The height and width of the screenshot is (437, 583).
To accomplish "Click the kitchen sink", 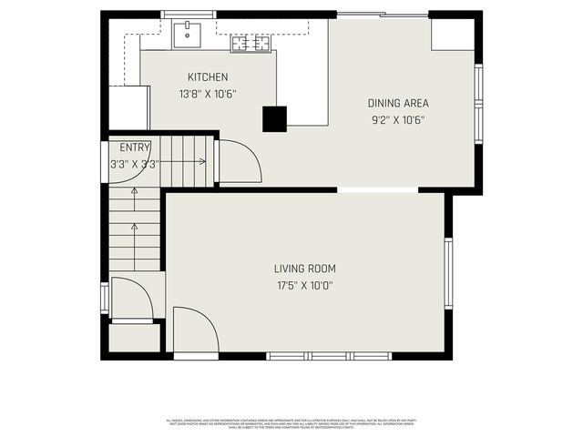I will [x=188, y=36].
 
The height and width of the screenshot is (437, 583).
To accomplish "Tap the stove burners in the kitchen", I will [x=250, y=42].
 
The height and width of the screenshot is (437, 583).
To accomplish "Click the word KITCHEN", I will [x=208, y=77].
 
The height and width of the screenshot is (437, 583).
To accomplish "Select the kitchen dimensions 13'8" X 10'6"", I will [x=208, y=93].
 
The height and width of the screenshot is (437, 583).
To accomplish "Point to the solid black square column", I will [x=274, y=119].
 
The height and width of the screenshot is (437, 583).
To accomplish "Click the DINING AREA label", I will [x=398, y=104].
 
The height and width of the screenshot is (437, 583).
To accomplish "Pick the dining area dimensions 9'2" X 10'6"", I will [x=398, y=119].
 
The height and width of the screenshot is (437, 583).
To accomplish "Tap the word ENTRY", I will [x=135, y=147].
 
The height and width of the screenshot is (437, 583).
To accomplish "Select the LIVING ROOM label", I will [x=305, y=269].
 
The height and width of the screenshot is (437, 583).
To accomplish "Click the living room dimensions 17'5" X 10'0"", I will [x=305, y=285].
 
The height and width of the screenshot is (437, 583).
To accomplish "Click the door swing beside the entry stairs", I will [x=239, y=162].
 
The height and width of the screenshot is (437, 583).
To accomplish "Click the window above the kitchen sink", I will [x=189, y=15].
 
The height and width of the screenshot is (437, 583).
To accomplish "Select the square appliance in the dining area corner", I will [x=453, y=35].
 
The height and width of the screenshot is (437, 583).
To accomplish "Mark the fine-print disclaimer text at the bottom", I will [x=291, y=424].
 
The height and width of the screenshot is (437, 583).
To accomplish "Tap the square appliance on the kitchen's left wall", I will [x=128, y=107].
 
